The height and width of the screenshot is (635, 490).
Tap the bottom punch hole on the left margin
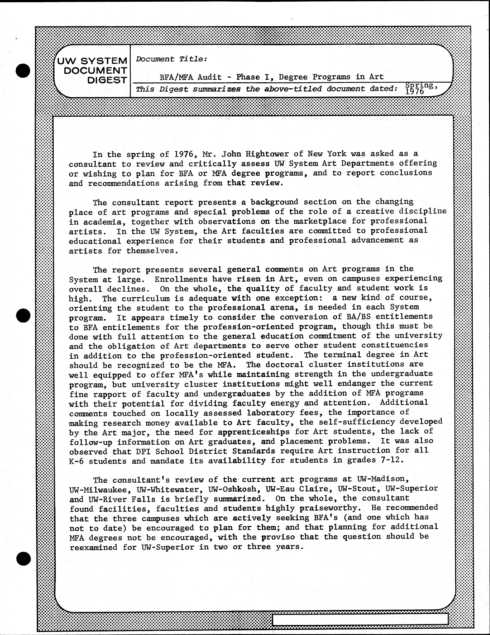pyautogui.click(x=23, y=558)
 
